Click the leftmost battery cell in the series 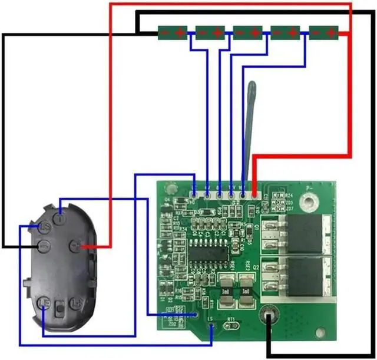[x=173, y=32]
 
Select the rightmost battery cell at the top [x=324, y=32]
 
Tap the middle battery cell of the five [x=248, y=32]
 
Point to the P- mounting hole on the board [x=306, y=203]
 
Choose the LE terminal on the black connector [x=43, y=302]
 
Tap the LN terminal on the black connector [x=77, y=303]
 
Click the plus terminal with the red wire [x=75, y=245]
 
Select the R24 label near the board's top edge [x=289, y=196]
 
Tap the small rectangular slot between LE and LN [x=59, y=307]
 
